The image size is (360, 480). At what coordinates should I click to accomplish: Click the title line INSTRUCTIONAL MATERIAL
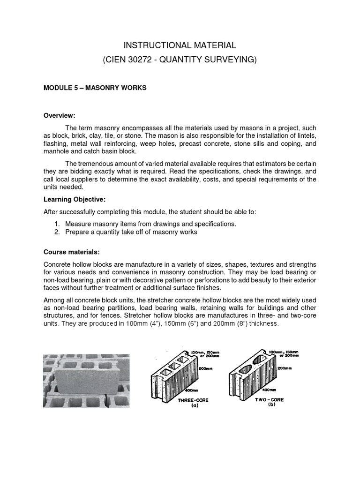pyautogui.click(x=180, y=45)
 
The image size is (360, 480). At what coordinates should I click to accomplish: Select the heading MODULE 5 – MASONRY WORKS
pyautogui.click(x=95, y=88)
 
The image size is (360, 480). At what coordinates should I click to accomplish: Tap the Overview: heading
pyautogui.click(x=60, y=116)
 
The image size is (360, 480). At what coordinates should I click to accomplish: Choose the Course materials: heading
pyautogui.click(x=72, y=252)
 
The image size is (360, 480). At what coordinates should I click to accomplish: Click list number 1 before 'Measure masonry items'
pyautogui.click(x=57, y=224)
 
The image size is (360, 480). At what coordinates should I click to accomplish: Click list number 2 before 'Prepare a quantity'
pyautogui.click(x=57, y=232)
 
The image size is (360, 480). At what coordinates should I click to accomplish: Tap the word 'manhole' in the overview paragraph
pyautogui.click(x=57, y=152)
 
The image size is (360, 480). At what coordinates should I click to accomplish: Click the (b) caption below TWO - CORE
pyautogui.click(x=271, y=405)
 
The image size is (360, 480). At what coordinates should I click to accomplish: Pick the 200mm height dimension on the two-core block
pyautogui.click(x=283, y=368)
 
